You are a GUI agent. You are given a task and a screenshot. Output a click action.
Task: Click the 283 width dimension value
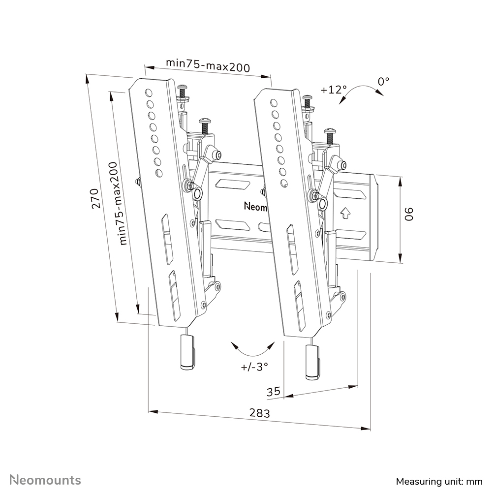click(x=259, y=413)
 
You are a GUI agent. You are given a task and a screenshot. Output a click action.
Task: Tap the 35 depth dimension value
click(x=273, y=392)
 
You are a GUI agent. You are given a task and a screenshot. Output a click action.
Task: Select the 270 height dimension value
click(x=96, y=198)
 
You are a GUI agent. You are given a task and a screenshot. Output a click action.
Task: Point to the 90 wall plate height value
click(x=410, y=214)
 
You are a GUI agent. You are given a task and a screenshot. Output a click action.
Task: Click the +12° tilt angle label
click(x=334, y=90)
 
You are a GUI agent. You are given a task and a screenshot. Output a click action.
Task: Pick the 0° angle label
click(x=383, y=81)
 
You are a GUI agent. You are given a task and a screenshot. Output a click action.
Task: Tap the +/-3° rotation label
click(x=254, y=367)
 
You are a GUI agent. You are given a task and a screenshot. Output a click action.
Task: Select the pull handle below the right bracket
click(x=312, y=362)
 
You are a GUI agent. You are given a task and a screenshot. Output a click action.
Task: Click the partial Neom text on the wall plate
click(x=255, y=206)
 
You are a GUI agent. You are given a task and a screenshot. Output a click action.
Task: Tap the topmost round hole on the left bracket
click(x=148, y=93)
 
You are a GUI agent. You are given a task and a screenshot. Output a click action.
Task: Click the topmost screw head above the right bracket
click(x=307, y=98)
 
